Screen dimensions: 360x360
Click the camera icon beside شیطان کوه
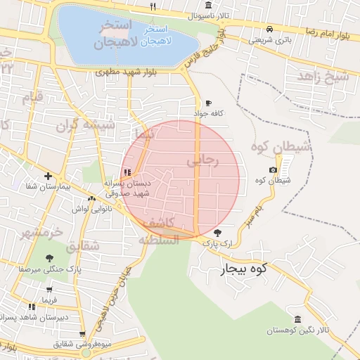point(273,170)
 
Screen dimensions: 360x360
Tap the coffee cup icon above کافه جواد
point(208,103)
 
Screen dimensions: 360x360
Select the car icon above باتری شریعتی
point(270,29)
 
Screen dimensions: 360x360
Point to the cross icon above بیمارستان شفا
point(48,176)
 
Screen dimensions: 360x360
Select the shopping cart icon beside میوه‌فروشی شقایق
point(82,334)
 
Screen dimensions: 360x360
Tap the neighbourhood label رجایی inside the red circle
point(203,161)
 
